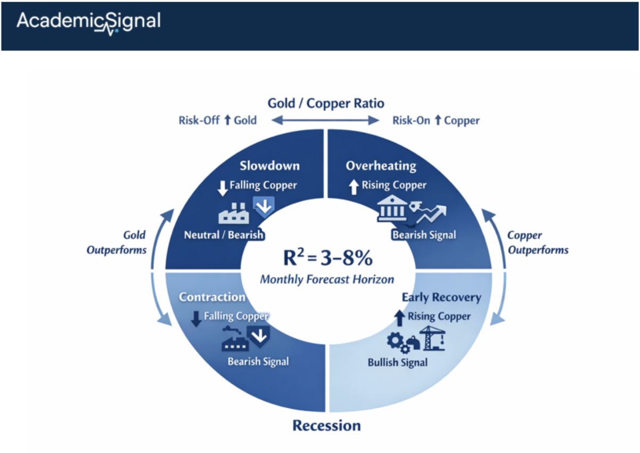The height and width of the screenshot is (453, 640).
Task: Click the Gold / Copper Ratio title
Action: [325, 102]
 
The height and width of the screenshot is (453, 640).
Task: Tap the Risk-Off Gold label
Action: [217, 120]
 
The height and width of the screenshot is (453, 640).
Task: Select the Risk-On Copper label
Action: [436, 120]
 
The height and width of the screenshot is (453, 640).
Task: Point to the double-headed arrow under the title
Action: [325, 121]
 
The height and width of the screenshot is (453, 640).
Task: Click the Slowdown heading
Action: [269, 165]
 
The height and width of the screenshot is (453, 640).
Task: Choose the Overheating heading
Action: [381, 165]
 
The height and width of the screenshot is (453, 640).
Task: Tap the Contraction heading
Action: [212, 297]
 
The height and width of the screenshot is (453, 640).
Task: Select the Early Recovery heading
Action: [441, 297]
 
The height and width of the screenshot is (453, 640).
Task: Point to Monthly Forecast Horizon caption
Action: [327, 279]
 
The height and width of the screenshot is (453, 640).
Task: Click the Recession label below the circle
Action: [326, 425]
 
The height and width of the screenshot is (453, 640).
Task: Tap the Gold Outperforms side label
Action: [117, 242]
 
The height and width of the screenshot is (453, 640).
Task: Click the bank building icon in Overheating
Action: [392, 209]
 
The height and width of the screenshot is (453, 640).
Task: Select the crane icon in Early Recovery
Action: [432, 337]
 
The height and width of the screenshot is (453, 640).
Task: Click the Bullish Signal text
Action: [397, 362]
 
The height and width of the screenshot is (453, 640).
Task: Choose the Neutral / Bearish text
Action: [224, 234]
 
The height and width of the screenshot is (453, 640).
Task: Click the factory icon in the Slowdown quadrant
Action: [232, 213]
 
